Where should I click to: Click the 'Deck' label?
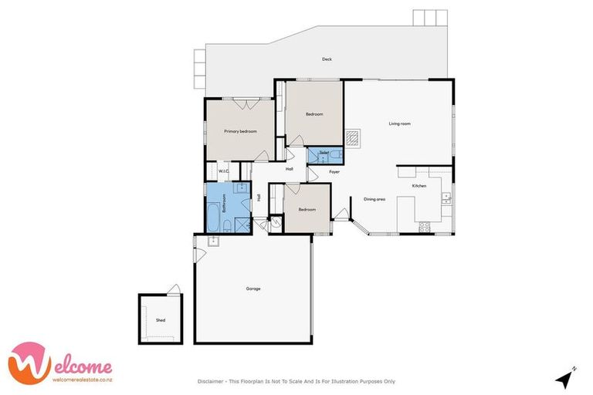[x=327, y=59]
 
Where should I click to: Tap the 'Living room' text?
[x=399, y=123]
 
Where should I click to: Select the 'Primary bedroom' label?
[x=240, y=131]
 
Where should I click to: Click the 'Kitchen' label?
[x=419, y=186]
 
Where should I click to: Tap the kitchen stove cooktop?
[x=424, y=226]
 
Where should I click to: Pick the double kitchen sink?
[x=446, y=198]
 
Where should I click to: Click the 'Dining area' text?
[x=374, y=199]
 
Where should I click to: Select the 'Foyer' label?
[x=334, y=171]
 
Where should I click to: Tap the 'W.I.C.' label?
[x=223, y=171]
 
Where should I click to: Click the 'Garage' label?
[x=253, y=289]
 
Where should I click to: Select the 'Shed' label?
[x=161, y=319]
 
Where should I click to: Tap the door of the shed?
[x=175, y=290]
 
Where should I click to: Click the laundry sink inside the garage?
[x=213, y=241]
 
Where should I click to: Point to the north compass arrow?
[x=568, y=378]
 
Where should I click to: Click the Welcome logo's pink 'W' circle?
[x=26, y=362]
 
